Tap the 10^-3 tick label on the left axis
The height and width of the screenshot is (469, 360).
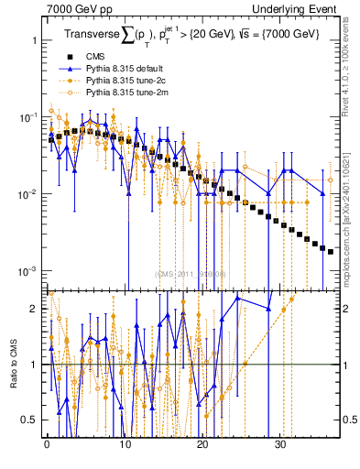[27, 271]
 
